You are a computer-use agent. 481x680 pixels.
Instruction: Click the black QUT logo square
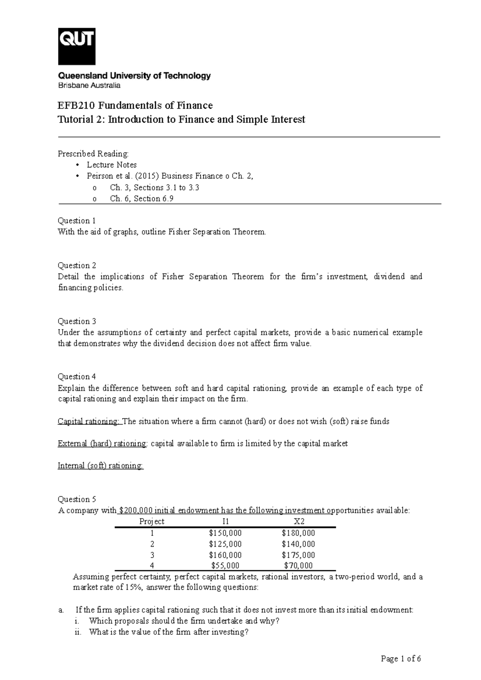click(77, 46)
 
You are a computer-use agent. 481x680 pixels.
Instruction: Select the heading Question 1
click(77, 221)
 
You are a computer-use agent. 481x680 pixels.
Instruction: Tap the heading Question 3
click(77, 321)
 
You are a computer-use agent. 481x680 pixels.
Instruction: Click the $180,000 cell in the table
click(298, 533)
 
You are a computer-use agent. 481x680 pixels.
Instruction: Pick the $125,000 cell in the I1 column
click(225, 544)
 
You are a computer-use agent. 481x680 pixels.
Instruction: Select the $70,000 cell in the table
click(298, 566)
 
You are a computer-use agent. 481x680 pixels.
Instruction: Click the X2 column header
click(299, 521)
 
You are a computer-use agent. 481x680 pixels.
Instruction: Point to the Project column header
click(152, 521)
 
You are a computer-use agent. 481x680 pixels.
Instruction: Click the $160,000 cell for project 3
click(225, 555)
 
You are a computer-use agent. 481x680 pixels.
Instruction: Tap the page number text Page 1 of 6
click(401, 659)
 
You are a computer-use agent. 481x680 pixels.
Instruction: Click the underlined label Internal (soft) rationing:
click(101, 466)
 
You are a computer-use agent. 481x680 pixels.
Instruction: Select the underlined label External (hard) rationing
click(102, 444)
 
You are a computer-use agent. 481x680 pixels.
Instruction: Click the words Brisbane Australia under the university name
click(89, 85)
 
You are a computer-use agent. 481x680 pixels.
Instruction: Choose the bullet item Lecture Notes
click(111, 165)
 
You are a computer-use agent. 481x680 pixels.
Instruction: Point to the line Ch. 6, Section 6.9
click(141, 199)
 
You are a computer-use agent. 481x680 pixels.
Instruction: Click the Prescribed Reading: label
click(93, 154)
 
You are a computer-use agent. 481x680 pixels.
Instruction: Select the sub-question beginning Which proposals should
click(184, 621)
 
